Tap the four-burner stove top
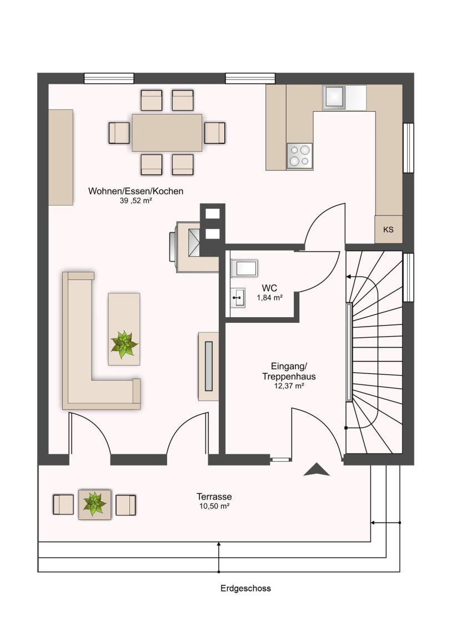[x=299, y=156]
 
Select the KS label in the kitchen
[x=388, y=230]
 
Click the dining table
[x=167, y=132]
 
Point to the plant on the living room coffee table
[x=124, y=344]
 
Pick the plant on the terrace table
[x=94, y=503]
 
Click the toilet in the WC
[x=244, y=268]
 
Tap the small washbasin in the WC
[x=238, y=298]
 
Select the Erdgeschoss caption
[x=245, y=588]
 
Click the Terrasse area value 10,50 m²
[x=214, y=506]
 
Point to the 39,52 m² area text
[x=136, y=201]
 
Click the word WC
[x=270, y=288]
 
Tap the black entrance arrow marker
[x=317, y=470]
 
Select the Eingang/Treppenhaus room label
[x=289, y=371]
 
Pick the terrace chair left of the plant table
[x=63, y=504]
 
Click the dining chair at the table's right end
[x=215, y=133]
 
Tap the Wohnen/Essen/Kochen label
[x=136, y=191]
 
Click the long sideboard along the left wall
[x=61, y=157]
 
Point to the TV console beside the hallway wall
[x=208, y=366]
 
